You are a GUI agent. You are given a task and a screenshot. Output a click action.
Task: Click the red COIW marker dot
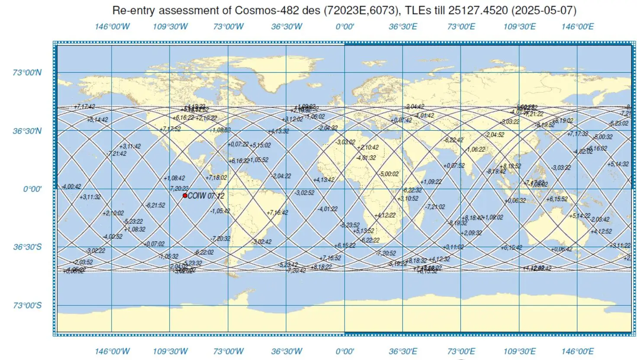[185, 196]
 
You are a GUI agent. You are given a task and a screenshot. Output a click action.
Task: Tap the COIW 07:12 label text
[206, 196]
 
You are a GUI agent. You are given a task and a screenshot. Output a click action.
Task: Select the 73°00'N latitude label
[27, 72]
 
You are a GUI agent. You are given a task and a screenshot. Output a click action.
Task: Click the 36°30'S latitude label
[27, 247]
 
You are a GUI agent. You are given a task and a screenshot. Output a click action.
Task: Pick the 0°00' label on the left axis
[32, 189]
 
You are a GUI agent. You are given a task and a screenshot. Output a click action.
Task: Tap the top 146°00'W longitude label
[112, 27]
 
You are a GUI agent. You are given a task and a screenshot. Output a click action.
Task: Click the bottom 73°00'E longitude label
[461, 351]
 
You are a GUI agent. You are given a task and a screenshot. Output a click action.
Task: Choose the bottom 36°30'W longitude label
[286, 351]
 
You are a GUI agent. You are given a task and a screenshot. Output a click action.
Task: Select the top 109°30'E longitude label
[519, 27]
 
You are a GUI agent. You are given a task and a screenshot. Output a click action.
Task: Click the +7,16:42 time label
[277, 212]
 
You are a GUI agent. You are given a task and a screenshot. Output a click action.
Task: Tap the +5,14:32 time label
[618, 164]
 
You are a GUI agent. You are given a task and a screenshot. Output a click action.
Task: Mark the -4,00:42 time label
[71, 186]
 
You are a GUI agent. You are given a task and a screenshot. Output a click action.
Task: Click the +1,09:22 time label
[431, 182]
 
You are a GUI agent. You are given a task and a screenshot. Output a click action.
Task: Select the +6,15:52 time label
[557, 199]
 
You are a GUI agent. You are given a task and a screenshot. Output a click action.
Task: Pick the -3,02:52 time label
[304, 193]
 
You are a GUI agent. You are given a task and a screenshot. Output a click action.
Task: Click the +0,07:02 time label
[154, 244]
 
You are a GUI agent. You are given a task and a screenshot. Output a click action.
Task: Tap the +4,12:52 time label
[601, 231]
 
